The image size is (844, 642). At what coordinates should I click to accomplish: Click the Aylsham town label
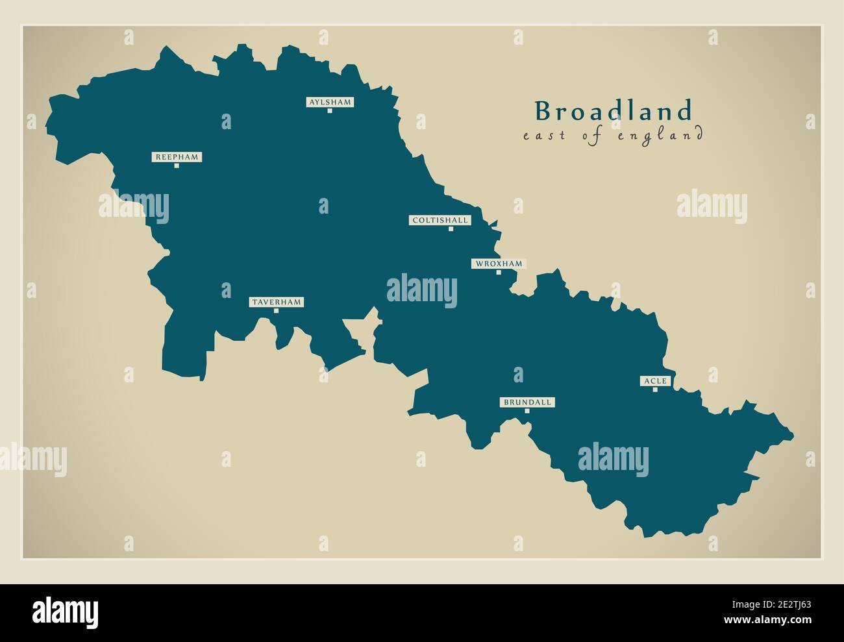[x=330, y=102]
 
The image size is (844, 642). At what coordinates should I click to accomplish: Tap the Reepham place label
[x=177, y=157]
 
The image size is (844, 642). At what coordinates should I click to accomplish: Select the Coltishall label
[x=440, y=220]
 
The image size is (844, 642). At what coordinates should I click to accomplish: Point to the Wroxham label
[x=498, y=264]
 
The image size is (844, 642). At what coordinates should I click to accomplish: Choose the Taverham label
[x=276, y=302]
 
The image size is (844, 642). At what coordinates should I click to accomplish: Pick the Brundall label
[x=527, y=402]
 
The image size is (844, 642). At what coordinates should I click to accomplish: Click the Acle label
[x=654, y=381]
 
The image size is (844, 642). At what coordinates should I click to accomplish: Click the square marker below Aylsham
[x=330, y=111]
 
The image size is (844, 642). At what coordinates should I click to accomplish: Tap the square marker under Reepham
[x=177, y=166]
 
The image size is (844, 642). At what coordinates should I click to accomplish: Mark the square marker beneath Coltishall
[x=451, y=229]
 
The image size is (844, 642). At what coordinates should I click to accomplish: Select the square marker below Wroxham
[x=499, y=272]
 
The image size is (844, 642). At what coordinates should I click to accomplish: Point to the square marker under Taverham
[x=276, y=311]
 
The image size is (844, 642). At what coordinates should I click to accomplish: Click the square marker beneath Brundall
[x=527, y=411]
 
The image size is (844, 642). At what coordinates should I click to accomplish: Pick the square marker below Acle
[x=655, y=389]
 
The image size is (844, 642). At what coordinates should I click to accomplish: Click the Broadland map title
[x=614, y=112]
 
